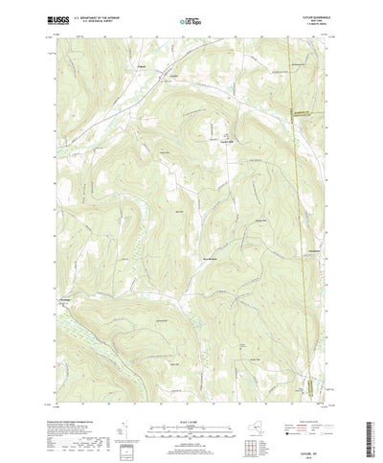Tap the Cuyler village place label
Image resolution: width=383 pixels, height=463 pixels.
click(x=174, y=76)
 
